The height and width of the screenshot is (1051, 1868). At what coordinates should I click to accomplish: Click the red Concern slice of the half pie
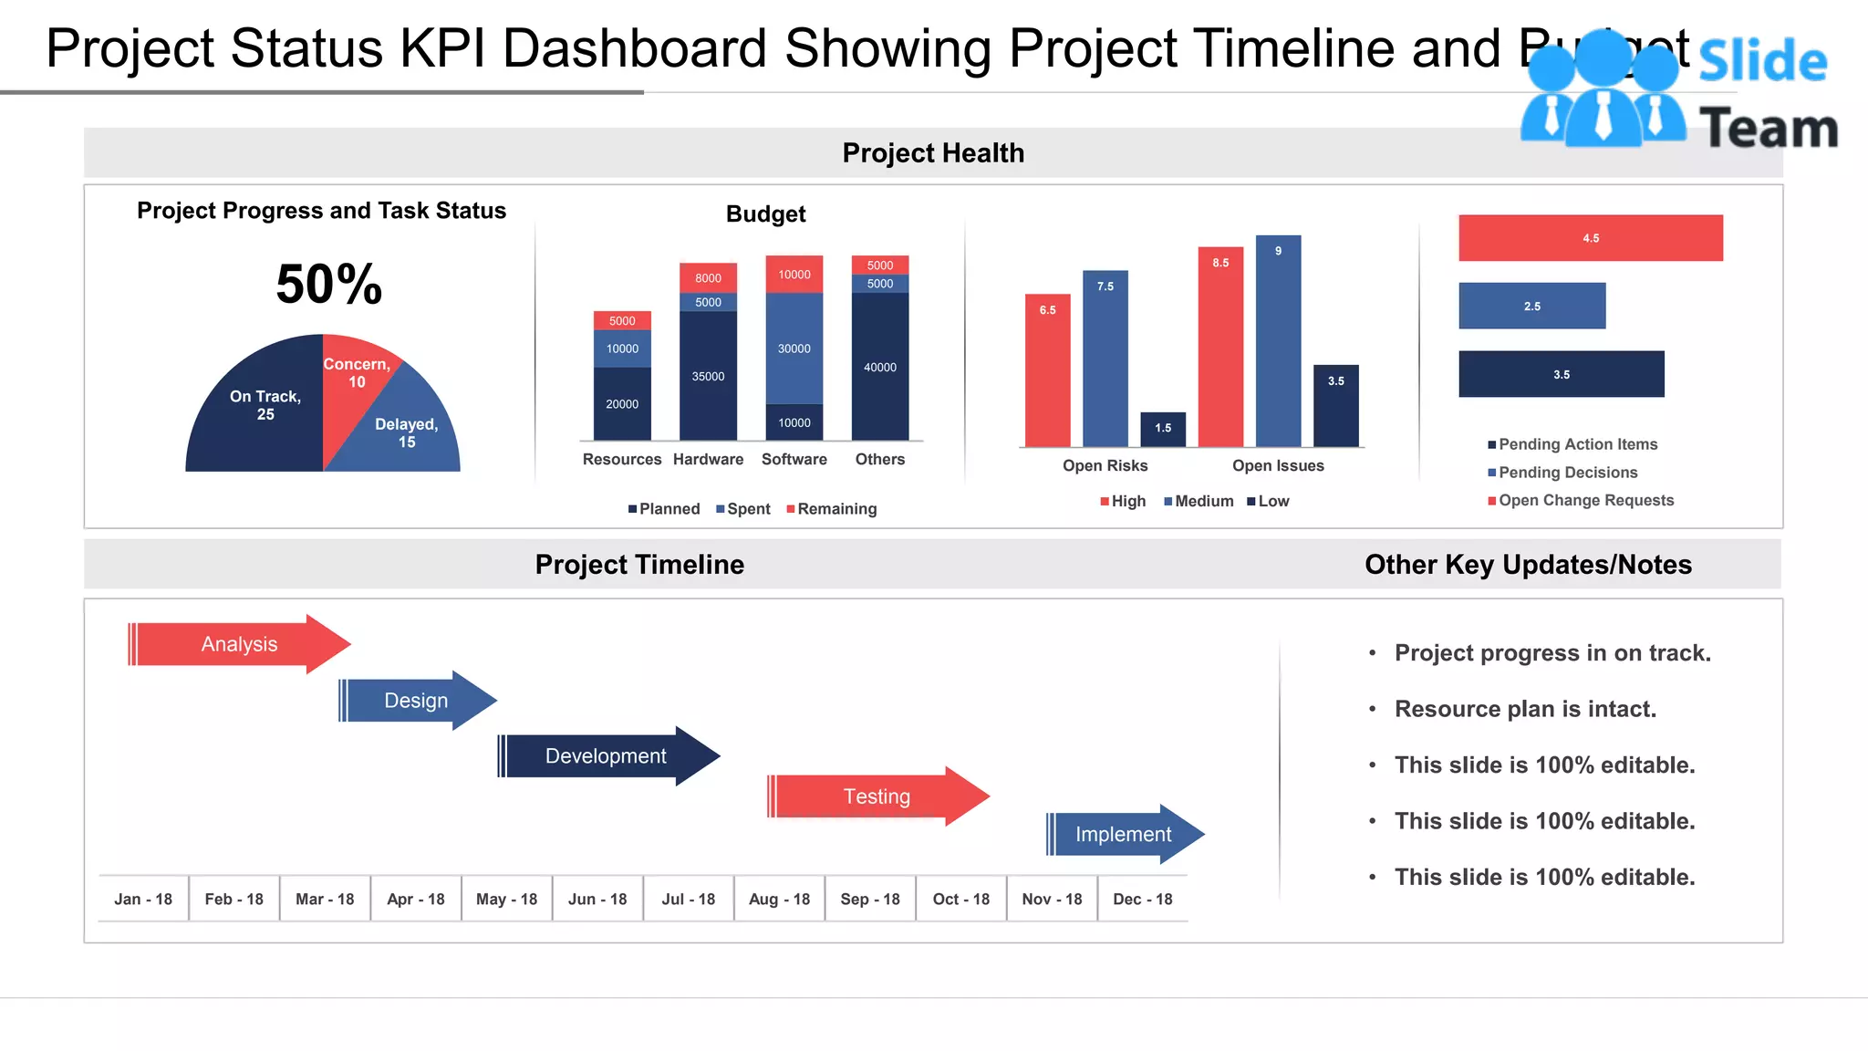(351, 383)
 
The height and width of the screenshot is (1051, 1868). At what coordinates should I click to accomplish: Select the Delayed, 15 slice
(406, 432)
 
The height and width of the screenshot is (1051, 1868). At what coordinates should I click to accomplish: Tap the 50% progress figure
(328, 284)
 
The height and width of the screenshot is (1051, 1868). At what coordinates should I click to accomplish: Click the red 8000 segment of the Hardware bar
(708, 277)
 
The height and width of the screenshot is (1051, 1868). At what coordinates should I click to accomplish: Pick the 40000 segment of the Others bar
(879, 367)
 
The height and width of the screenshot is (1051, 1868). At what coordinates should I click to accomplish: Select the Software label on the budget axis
(794, 459)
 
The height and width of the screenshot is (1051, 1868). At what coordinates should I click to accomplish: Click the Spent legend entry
(743, 509)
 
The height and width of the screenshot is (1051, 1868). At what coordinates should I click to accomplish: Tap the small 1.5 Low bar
(1163, 429)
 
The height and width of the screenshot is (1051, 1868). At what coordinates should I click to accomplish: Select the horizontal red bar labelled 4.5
(1590, 238)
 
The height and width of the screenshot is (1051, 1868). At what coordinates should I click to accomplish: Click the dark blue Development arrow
(606, 756)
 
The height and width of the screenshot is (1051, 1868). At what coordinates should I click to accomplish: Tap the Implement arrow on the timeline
(1123, 835)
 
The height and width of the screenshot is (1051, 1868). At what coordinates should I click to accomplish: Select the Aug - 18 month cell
(779, 900)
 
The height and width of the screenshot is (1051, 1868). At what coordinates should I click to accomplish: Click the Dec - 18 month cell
(1142, 900)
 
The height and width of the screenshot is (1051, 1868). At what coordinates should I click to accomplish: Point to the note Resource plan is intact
(1524, 709)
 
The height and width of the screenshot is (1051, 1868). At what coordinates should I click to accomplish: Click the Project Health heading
(932, 153)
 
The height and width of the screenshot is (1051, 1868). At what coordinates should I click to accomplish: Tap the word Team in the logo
(1768, 128)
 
